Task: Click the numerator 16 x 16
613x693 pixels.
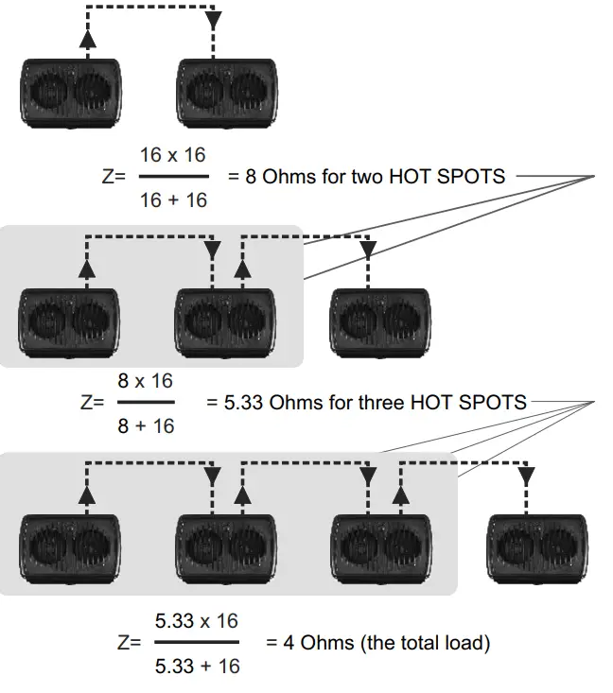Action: coord(172,155)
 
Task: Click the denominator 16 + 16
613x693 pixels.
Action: coord(172,199)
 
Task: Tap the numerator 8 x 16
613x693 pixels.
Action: coord(145,381)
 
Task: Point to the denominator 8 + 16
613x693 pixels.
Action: coord(145,425)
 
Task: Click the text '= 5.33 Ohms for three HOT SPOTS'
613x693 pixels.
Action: coord(366,403)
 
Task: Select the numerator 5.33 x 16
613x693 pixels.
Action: coord(197,621)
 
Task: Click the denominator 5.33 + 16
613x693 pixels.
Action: coord(197,667)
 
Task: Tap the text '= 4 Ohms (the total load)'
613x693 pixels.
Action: coord(377,644)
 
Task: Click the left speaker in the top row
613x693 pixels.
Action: coord(71,95)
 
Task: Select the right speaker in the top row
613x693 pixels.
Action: coord(226,95)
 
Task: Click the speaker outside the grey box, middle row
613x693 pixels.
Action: coord(380,321)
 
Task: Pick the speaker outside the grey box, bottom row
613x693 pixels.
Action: coord(535,548)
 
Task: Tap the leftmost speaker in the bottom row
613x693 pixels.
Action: coord(71,548)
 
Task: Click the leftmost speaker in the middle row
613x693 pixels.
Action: coord(71,321)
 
